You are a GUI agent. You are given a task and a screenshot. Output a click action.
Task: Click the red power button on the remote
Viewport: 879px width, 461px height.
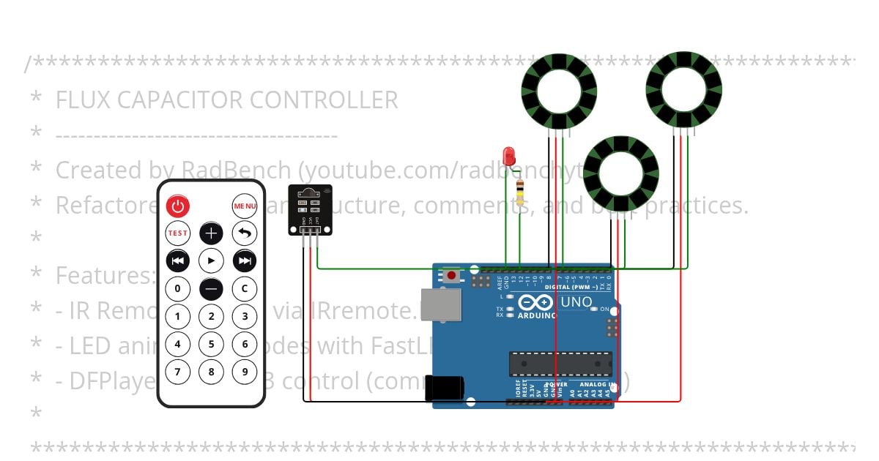177,206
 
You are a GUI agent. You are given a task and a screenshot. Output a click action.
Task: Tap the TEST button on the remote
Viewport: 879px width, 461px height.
177,233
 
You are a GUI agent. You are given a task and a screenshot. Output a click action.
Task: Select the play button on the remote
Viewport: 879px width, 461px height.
211,261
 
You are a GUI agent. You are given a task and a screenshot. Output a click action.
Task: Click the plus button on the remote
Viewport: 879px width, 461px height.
211,233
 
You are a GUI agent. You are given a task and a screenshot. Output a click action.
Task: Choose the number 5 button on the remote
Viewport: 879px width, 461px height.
211,344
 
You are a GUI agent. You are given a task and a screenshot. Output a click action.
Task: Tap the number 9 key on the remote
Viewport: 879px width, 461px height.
245,371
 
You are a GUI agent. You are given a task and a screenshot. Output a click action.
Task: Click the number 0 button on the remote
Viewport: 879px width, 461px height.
177,288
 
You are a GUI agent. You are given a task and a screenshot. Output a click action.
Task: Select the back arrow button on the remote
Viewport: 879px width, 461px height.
245,233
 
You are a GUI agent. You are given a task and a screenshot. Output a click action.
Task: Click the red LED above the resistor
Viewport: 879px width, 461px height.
509,155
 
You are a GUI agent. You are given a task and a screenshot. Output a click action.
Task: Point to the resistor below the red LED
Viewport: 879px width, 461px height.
520,192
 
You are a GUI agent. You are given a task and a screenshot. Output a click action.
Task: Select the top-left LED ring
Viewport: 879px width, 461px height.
559,91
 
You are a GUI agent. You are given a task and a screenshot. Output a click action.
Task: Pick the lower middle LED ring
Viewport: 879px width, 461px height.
621,174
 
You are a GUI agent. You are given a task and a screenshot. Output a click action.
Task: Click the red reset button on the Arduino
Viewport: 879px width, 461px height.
452,275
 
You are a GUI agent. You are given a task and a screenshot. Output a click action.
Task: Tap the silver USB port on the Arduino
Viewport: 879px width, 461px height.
442,304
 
